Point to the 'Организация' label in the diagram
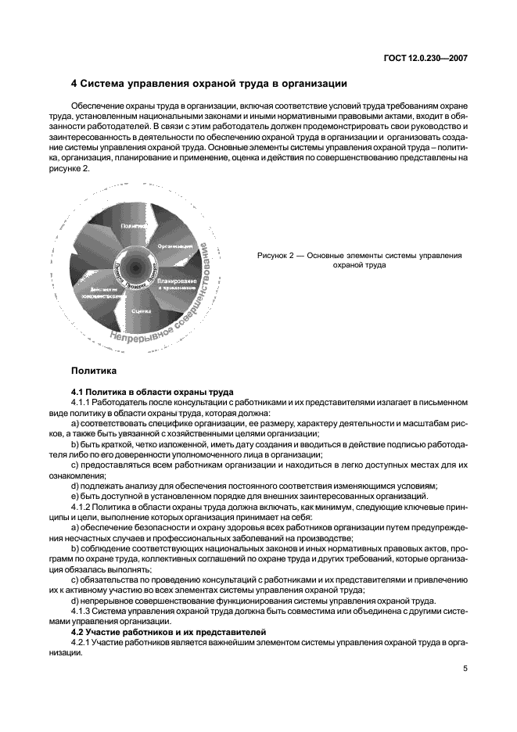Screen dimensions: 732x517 click(174, 245)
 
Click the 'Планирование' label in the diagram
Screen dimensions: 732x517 click(176, 281)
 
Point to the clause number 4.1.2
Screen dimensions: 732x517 click(83, 506)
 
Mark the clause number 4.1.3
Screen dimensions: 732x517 click(83, 611)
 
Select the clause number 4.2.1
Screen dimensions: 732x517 click(83, 641)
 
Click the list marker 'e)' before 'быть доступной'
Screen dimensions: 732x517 click(74, 496)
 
